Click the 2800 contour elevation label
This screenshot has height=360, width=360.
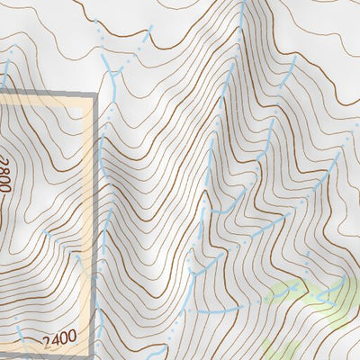pyautogui.click(x=6, y=175)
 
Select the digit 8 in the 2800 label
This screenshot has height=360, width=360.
pyautogui.click(x=6, y=168)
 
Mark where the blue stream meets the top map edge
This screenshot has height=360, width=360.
pyautogui.click(x=244, y=3)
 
